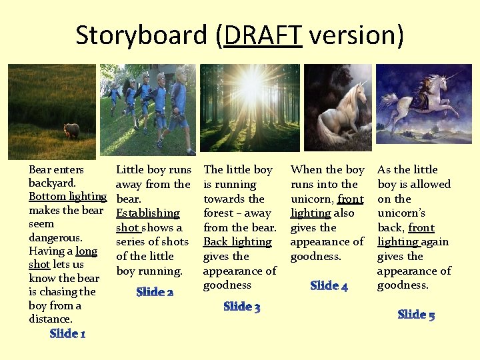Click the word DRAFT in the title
(x=263, y=35)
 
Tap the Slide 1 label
(x=67, y=333)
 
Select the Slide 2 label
(x=155, y=292)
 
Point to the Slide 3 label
(x=241, y=307)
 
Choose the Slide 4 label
(x=329, y=286)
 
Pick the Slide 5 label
(x=416, y=315)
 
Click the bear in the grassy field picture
(x=71, y=131)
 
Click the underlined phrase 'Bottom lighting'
(x=67, y=196)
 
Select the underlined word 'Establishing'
(x=147, y=213)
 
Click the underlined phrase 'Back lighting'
(x=237, y=242)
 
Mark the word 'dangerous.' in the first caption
(x=55, y=237)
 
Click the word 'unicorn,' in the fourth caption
(x=313, y=199)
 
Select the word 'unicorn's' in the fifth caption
(x=401, y=213)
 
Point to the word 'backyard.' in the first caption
(x=52, y=182)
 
